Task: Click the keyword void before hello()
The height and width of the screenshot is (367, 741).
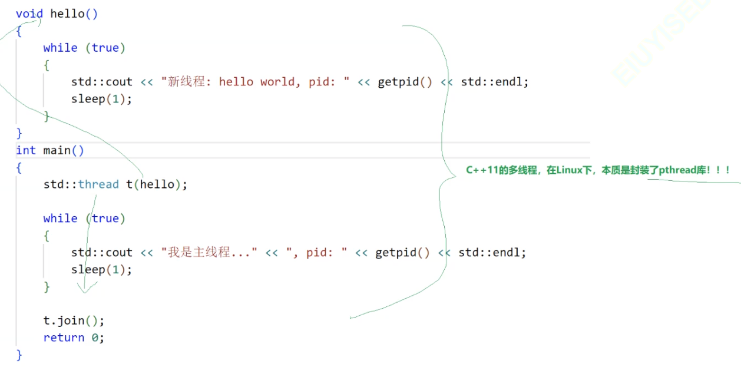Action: [29, 14]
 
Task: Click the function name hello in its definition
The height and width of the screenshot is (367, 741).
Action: [68, 14]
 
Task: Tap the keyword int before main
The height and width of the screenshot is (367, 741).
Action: [26, 150]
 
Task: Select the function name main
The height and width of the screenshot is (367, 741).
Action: [57, 150]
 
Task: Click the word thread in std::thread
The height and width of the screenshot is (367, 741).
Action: [98, 184]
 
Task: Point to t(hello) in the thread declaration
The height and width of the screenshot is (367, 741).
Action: [155, 184]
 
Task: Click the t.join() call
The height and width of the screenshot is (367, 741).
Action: [73, 321]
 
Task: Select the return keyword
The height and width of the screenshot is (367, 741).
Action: [64, 338]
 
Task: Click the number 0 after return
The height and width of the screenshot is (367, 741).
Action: [95, 338]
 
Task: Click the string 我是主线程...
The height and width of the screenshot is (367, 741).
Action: [209, 253]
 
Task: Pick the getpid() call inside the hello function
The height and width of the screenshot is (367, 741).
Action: [405, 82]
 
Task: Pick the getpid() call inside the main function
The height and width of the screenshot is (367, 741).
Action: [402, 253]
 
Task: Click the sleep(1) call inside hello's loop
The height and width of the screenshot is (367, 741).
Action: [101, 99]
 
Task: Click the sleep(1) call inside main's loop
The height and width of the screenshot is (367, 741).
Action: [101, 270]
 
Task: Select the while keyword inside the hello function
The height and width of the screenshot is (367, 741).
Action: [60, 48]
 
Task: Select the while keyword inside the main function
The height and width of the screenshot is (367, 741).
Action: [60, 219]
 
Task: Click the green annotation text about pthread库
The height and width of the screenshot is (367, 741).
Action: [598, 170]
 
